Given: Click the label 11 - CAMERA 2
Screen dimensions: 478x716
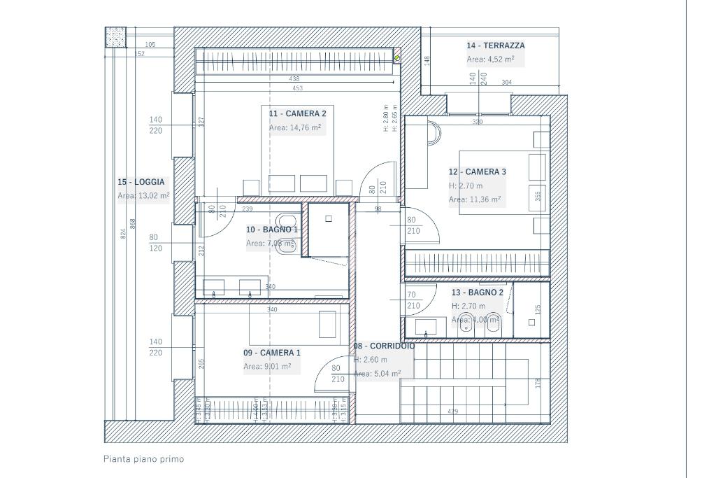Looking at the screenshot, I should coord(297,113).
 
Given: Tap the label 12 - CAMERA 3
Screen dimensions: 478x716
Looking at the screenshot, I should coord(478,171).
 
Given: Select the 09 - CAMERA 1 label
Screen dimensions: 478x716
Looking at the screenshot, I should coord(272,353).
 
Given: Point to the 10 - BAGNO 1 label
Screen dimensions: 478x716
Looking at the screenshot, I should coord(272,229).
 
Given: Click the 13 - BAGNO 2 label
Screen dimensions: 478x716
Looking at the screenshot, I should coord(478,293).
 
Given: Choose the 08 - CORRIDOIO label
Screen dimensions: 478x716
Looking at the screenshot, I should coord(384,346).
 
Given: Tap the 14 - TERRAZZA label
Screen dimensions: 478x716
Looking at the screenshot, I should coord(496,45).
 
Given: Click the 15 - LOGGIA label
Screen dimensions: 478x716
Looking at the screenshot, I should coord(141,182).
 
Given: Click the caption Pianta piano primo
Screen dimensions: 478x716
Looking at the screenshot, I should coord(143,459).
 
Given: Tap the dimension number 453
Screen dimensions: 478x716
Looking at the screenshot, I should coord(297,87).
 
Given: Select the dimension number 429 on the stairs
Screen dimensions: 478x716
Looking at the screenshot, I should coord(452,412).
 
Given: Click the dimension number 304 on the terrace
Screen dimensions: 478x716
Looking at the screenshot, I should coord(507,83).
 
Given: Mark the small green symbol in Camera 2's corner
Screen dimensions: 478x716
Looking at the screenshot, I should coord(397,58).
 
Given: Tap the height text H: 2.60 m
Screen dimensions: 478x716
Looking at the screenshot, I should coord(371,360).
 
